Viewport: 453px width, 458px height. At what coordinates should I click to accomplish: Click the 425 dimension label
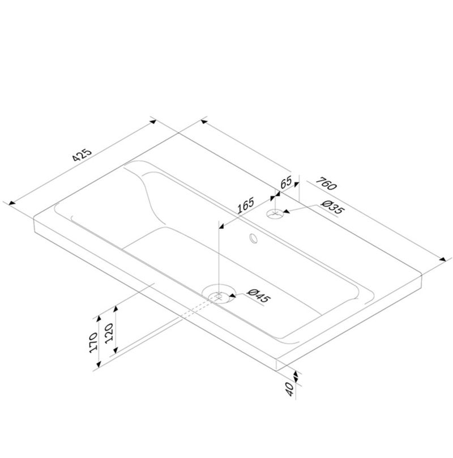pyautogui.click(x=82, y=155)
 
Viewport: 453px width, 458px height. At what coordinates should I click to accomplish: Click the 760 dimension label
pyautogui.click(x=327, y=184)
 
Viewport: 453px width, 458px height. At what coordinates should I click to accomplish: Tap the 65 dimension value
pyautogui.click(x=286, y=182)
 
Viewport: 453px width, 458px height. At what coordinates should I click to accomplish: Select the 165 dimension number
pyautogui.click(x=246, y=206)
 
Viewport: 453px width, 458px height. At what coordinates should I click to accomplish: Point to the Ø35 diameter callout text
pyautogui.click(x=332, y=207)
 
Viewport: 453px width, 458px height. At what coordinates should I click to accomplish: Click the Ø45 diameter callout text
pyautogui.click(x=258, y=296)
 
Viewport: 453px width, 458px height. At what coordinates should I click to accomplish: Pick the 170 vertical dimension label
pyautogui.click(x=93, y=343)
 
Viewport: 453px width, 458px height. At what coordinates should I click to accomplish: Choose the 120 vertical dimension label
pyautogui.click(x=109, y=333)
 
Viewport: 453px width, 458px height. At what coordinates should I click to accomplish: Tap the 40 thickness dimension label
pyautogui.click(x=289, y=389)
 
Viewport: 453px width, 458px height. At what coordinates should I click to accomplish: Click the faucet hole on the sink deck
pyautogui.click(x=275, y=214)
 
